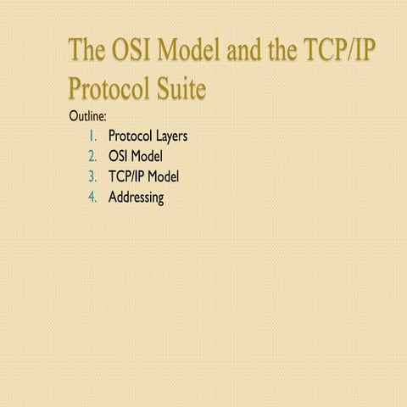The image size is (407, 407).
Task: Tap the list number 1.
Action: pos(94,136)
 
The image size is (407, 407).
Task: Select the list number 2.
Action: pos(93,157)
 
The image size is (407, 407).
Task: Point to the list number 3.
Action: pos(93,177)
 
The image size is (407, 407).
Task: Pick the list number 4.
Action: pos(93,198)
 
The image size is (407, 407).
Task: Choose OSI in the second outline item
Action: pos(118,157)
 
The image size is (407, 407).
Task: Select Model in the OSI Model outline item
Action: pos(147,157)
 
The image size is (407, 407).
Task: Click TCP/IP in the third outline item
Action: pos(126,177)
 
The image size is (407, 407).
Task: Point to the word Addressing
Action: pos(136,198)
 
